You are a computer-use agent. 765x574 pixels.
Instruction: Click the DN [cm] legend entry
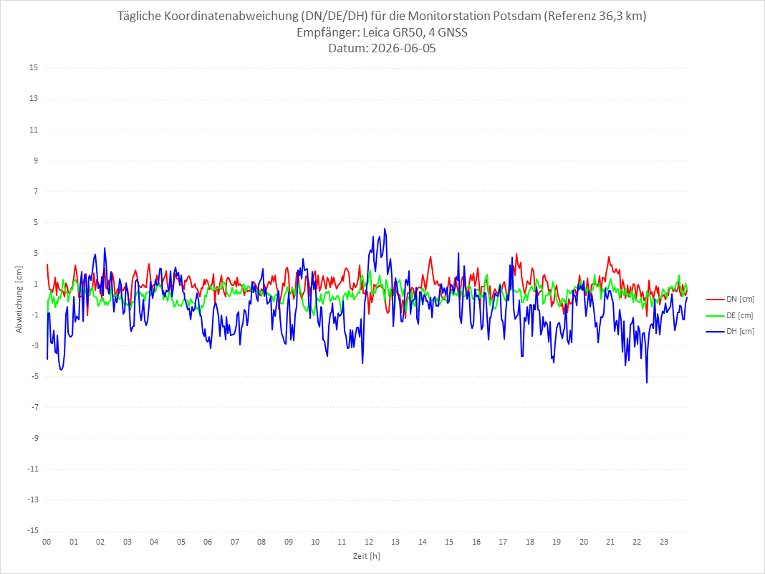click(x=730, y=300)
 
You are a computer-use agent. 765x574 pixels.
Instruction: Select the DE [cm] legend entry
click(x=730, y=315)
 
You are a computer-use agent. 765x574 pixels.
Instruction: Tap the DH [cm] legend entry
click(x=730, y=331)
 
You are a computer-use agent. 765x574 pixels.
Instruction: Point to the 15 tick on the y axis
click(x=34, y=68)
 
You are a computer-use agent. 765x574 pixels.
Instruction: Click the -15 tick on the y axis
click(x=32, y=530)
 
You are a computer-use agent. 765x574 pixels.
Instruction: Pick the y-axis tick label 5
click(x=36, y=222)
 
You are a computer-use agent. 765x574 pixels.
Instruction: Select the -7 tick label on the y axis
click(x=34, y=407)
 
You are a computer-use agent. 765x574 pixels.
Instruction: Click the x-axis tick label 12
click(x=369, y=542)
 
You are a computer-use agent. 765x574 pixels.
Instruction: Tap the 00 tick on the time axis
click(x=47, y=542)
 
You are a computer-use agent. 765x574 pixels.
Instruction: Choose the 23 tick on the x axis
click(x=664, y=542)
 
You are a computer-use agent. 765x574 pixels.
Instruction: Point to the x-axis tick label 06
click(x=208, y=542)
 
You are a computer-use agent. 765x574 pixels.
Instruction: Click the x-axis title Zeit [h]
click(x=367, y=556)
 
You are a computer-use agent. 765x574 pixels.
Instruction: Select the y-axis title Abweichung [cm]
click(x=19, y=300)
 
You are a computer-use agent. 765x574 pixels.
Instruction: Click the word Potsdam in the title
click(x=516, y=16)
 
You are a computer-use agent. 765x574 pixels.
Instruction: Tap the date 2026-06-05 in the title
click(x=403, y=48)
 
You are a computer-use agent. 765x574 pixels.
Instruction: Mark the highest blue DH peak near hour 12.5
click(x=385, y=229)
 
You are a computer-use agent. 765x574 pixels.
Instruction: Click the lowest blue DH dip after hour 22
click(x=647, y=383)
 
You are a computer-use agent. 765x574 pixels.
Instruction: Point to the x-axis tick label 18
click(x=530, y=542)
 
